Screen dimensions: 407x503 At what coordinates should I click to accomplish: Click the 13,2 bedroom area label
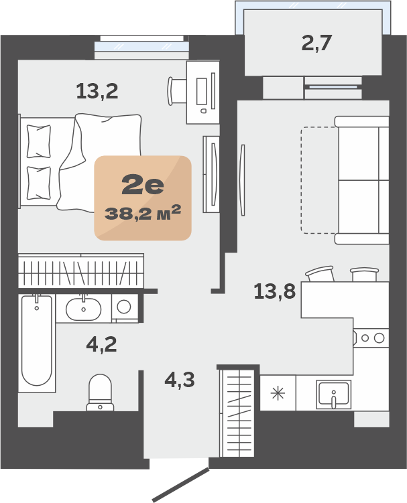click(97, 91)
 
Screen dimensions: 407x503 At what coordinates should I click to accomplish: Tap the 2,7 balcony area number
click(316, 43)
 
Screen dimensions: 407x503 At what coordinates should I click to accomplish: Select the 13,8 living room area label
click(275, 291)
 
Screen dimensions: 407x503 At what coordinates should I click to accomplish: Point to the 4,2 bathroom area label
click(101, 344)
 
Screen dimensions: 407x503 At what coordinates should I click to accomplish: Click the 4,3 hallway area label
click(180, 380)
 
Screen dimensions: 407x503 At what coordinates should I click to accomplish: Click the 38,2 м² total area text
click(143, 213)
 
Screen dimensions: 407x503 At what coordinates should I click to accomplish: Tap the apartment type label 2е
click(143, 186)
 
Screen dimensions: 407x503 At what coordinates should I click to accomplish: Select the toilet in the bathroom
click(100, 392)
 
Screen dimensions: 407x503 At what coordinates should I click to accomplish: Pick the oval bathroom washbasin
click(84, 309)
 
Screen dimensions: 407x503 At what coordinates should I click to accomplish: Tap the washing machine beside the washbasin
click(125, 308)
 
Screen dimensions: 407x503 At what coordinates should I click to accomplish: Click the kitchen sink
click(333, 394)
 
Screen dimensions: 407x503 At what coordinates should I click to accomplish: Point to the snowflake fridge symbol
click(278, 393)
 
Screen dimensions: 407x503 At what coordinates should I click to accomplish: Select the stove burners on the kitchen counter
click(372, 338)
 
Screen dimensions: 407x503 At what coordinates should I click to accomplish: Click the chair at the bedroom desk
click(177, 91)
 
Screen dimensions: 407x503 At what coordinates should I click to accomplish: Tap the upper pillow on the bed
click(38, 141)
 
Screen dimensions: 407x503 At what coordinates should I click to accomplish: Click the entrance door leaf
click(181, 485)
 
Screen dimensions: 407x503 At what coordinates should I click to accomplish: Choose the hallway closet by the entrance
click(237, 413)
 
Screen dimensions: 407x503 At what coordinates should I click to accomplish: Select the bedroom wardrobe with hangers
click(81, 271)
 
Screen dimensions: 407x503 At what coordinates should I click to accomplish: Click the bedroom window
click(141, 46)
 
